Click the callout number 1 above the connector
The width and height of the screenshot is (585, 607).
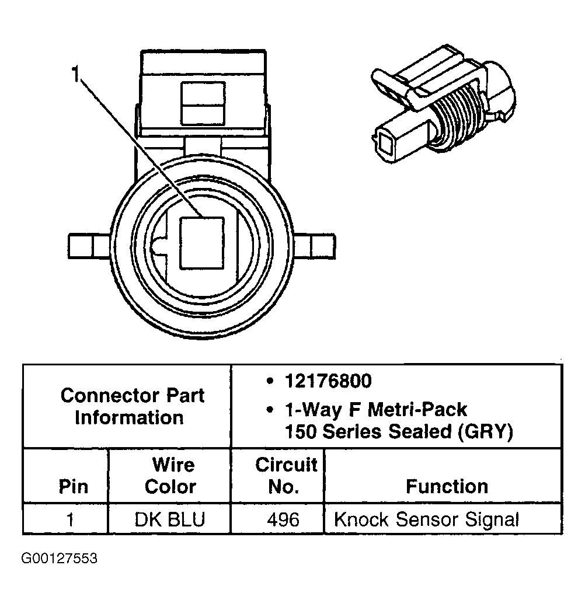75,75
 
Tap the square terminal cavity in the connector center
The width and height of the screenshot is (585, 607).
201,243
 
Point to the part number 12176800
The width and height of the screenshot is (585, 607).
328,381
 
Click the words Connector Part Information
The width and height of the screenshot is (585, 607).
132,406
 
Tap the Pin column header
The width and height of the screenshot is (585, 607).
74,487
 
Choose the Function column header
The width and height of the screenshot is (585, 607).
447,487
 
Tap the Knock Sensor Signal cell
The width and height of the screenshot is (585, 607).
426,519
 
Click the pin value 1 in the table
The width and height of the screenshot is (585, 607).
71,519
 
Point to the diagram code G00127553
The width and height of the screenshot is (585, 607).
60,559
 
